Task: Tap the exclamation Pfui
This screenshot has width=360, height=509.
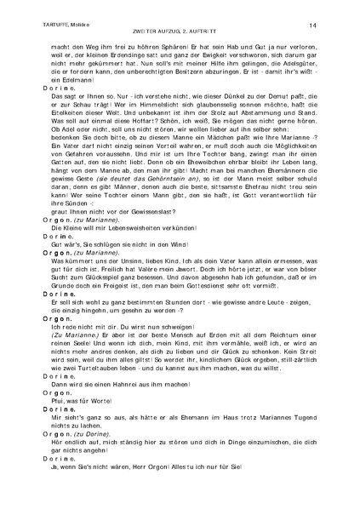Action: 60,438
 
